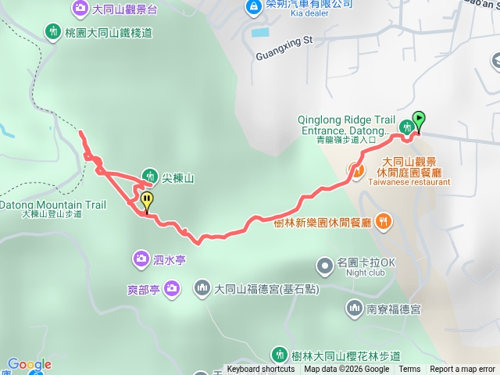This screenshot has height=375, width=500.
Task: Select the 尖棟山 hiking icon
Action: point(150,177)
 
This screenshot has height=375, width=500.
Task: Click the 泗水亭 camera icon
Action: point(141,257)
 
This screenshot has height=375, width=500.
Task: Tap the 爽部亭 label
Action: point(143,289)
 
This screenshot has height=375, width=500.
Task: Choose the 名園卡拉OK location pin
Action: point(327,263)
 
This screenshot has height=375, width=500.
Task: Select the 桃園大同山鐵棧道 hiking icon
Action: point(52,33)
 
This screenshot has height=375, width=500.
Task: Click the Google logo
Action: point(30,364)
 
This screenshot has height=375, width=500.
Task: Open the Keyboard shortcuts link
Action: point(261,370)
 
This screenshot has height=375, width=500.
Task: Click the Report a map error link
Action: point(462,370)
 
